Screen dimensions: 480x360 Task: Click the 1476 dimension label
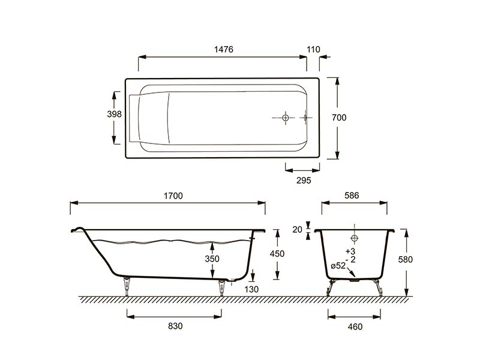(223, 49)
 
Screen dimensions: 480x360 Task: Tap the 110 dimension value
(313, 49)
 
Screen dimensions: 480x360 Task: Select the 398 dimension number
(114, 114)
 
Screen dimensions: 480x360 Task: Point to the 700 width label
(339, 117)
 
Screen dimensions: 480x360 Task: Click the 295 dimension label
(304, 181)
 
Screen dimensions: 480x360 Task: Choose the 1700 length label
(173, 196)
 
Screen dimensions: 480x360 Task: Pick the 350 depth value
(212, 259)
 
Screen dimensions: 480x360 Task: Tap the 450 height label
(277, 253)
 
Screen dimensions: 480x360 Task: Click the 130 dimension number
(251, 289)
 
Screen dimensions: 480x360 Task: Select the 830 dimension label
(175, 326)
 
